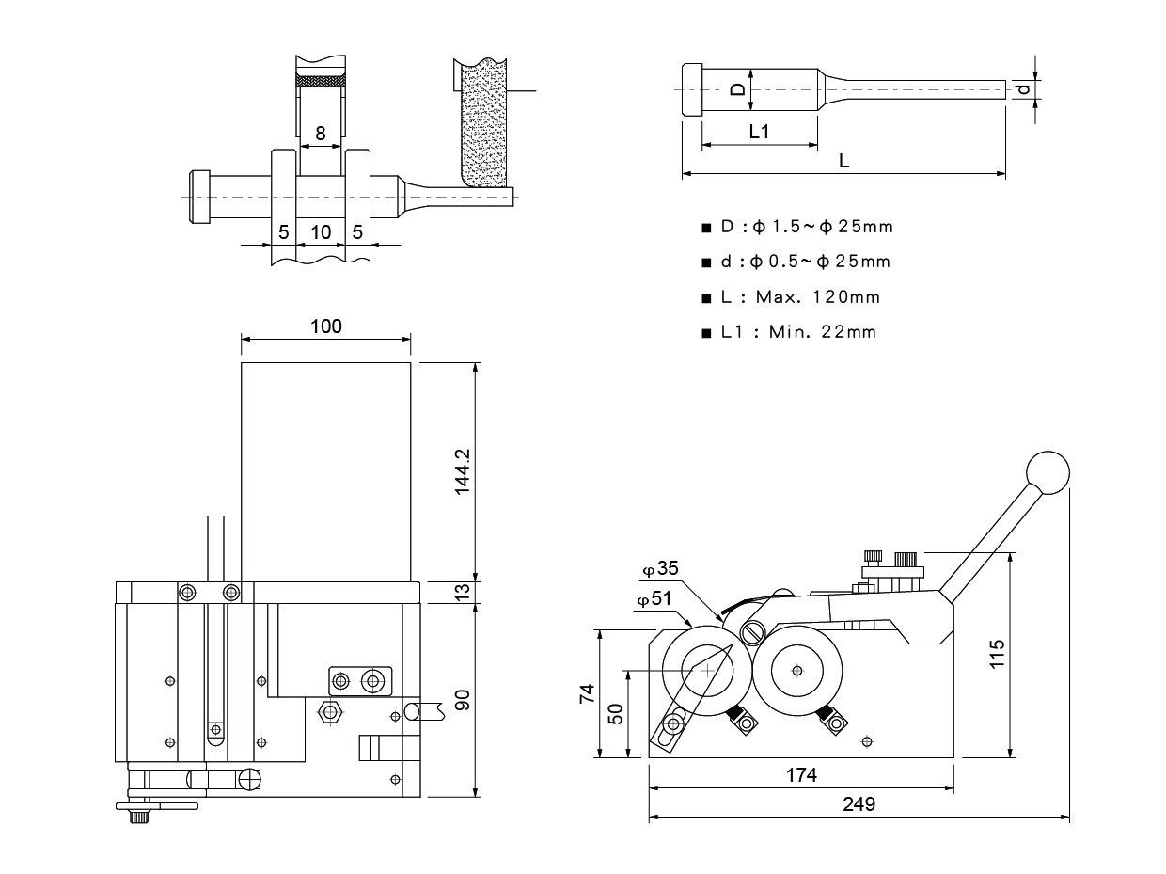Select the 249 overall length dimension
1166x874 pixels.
[859, 804]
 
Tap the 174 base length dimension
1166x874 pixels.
[802, 775]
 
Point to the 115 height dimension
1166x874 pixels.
[998, 653]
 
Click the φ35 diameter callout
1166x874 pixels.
[660, 568]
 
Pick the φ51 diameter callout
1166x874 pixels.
[654, 599]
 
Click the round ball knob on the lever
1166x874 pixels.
[1048, 472]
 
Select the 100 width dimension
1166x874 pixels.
[325, 326]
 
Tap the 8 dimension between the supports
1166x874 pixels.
[321, 134]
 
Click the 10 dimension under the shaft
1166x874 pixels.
[322, 231]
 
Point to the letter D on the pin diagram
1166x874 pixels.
[739, 89]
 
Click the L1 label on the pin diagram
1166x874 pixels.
[759, 132]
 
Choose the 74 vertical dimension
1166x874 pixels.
[587, 694]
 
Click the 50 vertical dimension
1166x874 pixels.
[616, 713]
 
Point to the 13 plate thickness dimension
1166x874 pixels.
[462, 592]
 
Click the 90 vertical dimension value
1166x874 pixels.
[462, 700]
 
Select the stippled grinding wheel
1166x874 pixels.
[484, 122]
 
